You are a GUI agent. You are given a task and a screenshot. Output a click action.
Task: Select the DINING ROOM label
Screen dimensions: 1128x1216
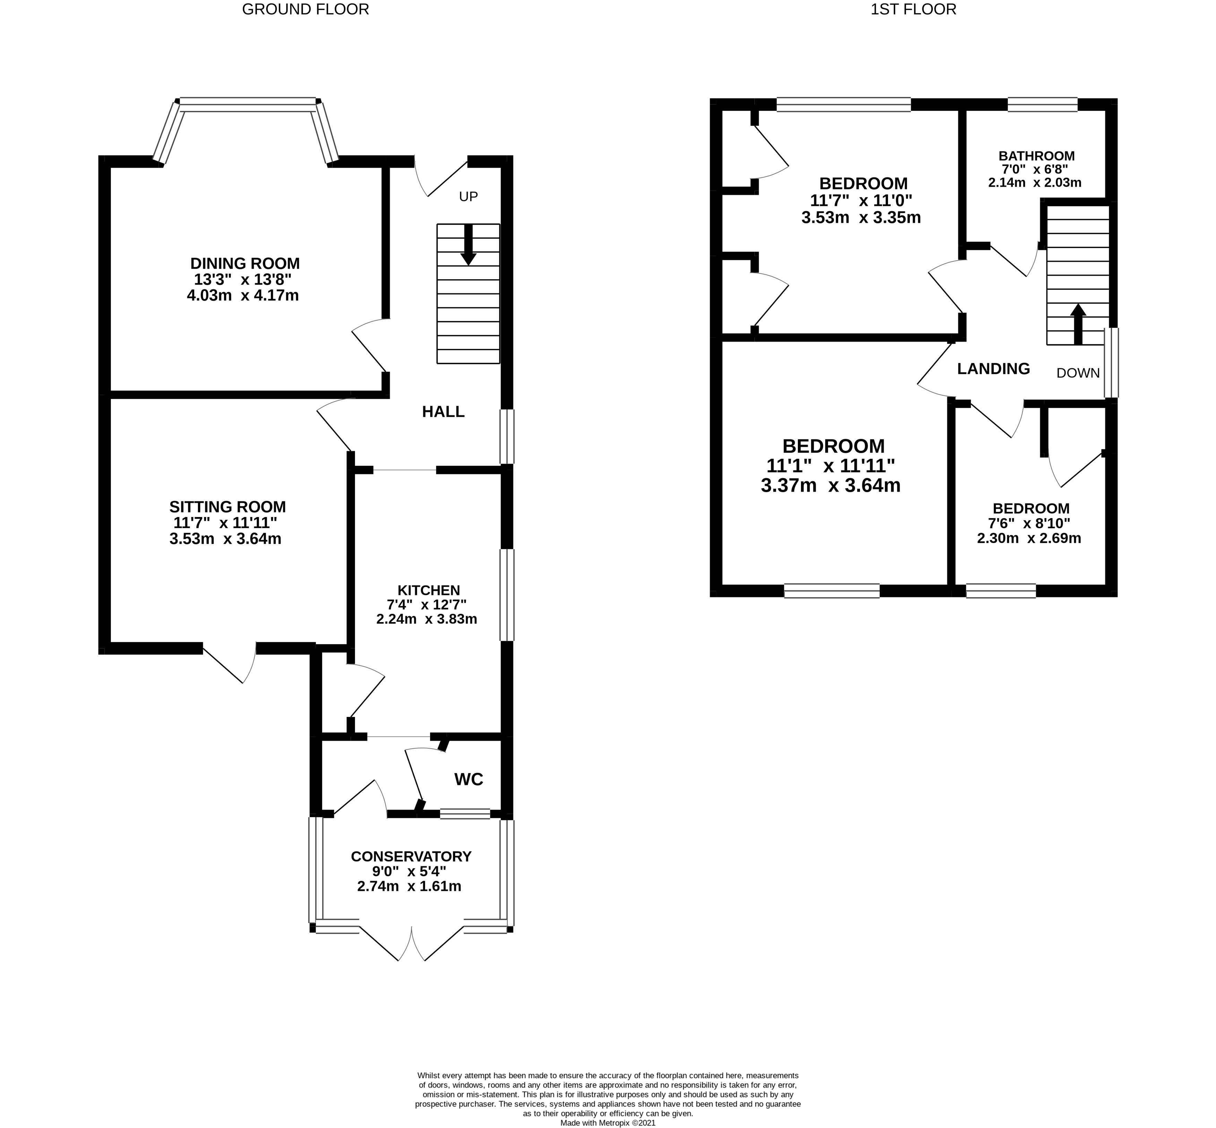point(245,264)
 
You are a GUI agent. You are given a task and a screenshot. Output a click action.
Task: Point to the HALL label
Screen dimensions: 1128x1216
point(443,412)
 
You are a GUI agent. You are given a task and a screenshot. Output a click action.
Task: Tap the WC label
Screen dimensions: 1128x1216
point(468,779)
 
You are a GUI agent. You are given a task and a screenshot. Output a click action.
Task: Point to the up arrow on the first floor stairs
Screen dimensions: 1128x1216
point(1078,324)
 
